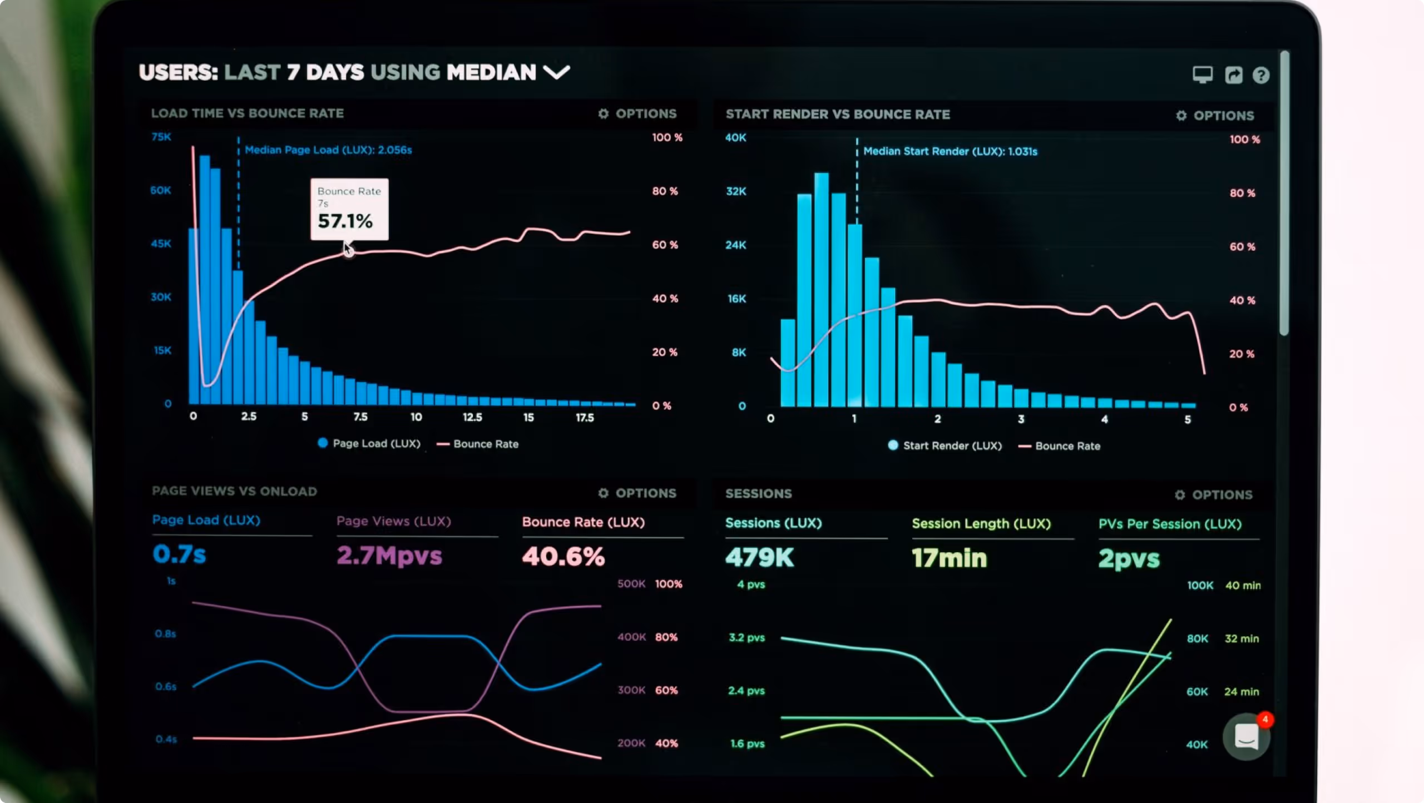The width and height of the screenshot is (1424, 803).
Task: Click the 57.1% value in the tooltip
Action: tap(345, 221)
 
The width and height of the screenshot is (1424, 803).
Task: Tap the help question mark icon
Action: tap(1261, 75)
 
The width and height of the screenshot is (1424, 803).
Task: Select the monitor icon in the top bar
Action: tap(1203, 75)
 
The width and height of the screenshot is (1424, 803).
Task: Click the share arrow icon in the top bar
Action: tap(1234, 75)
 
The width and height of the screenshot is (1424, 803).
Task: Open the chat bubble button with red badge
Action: tap(1247, 737)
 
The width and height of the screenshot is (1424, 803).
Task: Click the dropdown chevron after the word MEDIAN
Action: tap(557, 72)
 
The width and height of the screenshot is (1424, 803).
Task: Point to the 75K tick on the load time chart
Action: tap(161, 137)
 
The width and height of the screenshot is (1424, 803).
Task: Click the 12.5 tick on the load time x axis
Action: tap(472, 417)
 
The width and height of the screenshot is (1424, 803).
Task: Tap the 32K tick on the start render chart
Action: tap(736, 191)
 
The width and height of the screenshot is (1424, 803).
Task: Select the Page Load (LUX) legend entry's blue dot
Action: tap(323, 443)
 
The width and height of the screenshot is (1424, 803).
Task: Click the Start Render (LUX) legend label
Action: tap(952, 445)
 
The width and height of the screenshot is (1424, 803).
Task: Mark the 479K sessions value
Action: tap(760, 557)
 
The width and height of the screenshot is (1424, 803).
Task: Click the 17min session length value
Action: tap(950, 558)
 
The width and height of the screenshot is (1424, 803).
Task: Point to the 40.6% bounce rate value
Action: tap(563, 556)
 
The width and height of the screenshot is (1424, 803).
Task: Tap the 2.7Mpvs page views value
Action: tap(389, 556)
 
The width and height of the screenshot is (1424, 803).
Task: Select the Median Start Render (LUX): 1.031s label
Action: tap(950, 151)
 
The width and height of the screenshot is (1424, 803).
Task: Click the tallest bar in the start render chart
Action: tap(822, 290)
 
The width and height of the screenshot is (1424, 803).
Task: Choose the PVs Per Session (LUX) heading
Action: tap(1170, 524)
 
